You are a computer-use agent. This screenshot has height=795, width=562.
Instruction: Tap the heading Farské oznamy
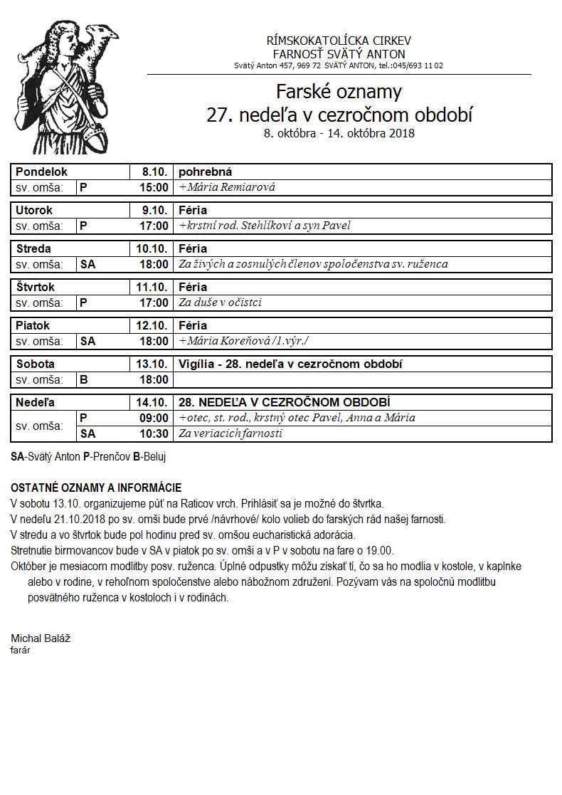pyautogui.click(x=339, y=92)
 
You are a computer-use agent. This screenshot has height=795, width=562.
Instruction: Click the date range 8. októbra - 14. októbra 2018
pyautogui.click(x=339, y=133)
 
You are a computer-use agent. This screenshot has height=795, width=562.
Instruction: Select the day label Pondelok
pyautogui.click(x=41, y=172)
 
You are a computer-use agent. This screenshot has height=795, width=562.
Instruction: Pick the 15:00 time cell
pyautogui.click(x=154, y=188)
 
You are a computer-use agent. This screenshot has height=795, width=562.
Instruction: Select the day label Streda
pyautogui.click(x=33, y=249)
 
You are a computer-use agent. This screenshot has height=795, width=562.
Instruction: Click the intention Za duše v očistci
pyautogui.click(x=220, y=302)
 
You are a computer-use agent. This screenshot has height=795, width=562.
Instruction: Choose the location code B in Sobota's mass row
pyautogui.click(x=84, y=380)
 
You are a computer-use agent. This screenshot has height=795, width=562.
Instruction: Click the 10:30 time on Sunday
pyautogui.click(x=154, y=433)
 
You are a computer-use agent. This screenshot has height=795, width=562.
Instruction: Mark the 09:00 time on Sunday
pyautogui.click(x=154, y=418)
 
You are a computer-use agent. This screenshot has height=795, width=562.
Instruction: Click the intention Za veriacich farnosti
pyautogui.click(x=230, y=433)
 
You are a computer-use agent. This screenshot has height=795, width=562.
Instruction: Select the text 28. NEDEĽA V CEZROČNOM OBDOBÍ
pyautogui.click(x=284, y=402)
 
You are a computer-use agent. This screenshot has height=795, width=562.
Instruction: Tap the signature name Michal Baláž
pyautogui.click(x=41, y=638)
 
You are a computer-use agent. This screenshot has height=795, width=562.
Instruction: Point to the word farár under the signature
pyautogui.click(x=21, y=650)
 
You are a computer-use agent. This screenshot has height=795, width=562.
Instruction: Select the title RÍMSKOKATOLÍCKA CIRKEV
pyautogui.click(x=339, y=41)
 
